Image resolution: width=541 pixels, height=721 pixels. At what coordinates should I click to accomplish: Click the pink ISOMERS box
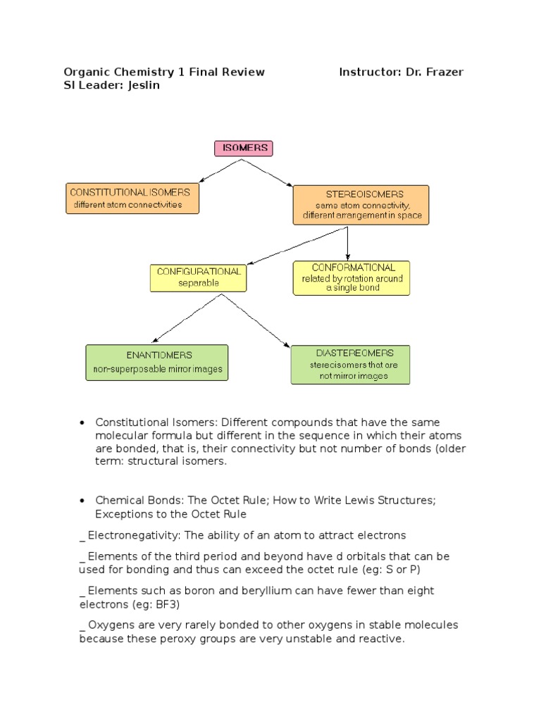243,148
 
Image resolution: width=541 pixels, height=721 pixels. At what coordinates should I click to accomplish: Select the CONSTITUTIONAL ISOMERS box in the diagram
132,198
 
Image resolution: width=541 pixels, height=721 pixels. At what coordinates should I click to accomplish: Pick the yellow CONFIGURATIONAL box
198,277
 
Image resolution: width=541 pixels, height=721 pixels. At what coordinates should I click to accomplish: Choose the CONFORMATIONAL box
351,277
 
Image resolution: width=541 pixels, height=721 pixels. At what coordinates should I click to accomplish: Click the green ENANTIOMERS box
157,362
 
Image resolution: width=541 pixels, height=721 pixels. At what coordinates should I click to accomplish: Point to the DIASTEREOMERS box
350,364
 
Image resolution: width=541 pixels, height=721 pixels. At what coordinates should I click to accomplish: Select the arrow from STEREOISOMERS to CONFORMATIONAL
347,244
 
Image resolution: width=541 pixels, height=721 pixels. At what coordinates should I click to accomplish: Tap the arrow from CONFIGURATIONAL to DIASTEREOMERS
256,320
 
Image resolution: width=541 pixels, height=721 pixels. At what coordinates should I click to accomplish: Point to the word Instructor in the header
367,72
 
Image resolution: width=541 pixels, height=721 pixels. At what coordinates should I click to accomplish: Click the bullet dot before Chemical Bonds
82,501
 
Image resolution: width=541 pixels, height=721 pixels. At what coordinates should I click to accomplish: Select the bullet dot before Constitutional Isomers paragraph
82,422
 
